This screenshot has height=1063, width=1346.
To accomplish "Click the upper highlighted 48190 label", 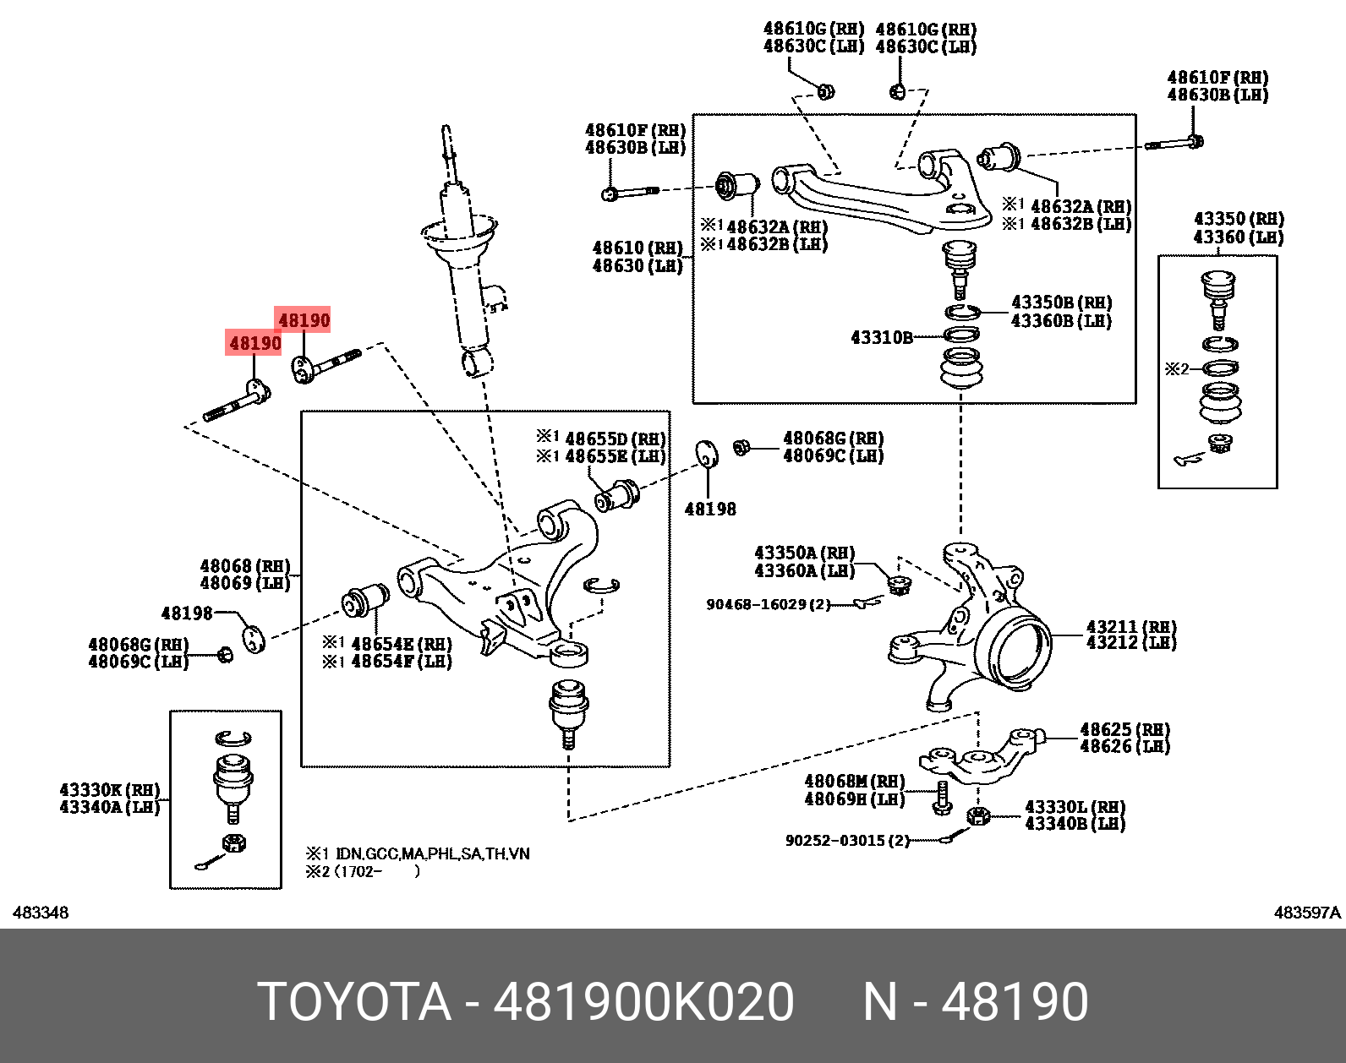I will point(304,320).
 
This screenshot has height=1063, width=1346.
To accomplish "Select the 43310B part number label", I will point(881,338).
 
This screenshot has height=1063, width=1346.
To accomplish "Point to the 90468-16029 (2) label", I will point(768,605).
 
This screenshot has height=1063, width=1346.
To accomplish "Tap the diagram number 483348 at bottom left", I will point(41,913).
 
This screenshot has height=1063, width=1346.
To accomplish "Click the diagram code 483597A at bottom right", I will point(1307,913).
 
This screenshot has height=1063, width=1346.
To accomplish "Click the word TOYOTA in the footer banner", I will point(354,1002).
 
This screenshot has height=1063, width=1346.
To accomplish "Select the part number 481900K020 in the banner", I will point(643,1002).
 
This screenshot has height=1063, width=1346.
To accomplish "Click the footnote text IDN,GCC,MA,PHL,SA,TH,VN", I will point(432,853).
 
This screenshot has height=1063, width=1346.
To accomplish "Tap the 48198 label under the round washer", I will point(709,510).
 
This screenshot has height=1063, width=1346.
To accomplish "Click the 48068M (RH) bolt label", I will point(854,782).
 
